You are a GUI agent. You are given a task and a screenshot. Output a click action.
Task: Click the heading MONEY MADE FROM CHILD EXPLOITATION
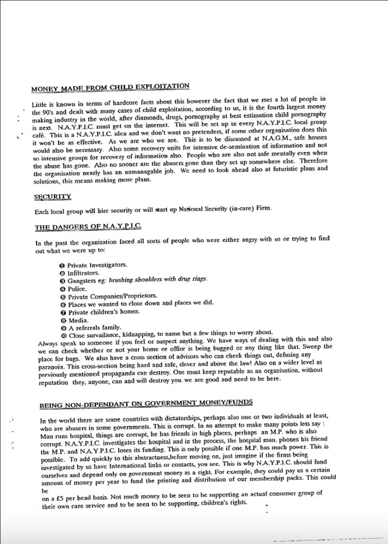110,87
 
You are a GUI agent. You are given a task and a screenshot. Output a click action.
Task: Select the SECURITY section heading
52,197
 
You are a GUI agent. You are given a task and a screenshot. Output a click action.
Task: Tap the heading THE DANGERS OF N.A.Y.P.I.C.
88,227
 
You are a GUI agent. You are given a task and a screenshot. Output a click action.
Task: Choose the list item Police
77,288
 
